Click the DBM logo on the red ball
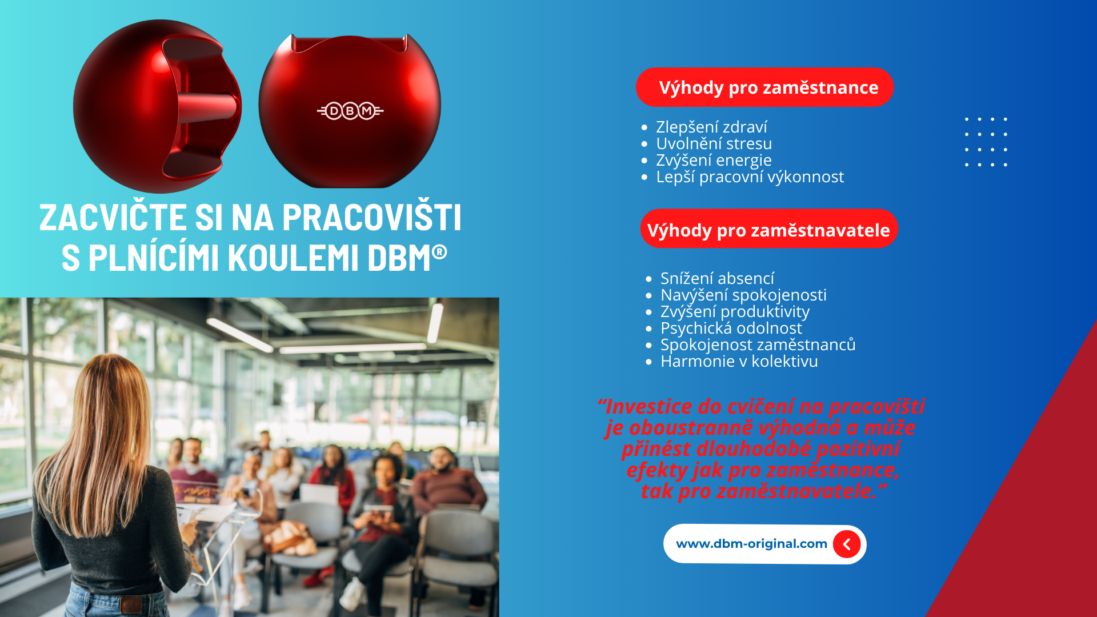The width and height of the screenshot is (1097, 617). [350, 110]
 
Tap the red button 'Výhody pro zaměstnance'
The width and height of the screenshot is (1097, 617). [764, 87]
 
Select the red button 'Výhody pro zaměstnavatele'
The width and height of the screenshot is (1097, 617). [768, 229]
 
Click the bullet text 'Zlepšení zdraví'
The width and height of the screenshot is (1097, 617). [711, 127]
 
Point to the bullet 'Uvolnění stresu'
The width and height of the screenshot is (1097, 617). [714, 143]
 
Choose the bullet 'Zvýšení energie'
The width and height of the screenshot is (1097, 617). [714, 160]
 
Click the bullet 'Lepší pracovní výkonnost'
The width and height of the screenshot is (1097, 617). [750, 177]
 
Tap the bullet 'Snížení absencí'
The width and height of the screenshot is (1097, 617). [717, 278]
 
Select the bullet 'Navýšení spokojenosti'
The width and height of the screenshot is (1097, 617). [743, 295]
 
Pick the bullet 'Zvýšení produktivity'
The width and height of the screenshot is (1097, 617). [735, 311]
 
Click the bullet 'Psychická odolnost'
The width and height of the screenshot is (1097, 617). [731, 328]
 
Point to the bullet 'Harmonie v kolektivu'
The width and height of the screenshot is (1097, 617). [739, 361]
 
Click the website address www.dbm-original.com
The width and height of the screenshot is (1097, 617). [751, 544]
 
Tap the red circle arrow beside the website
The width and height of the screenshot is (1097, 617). [847, 544]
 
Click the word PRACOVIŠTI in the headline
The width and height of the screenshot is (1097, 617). [372, 217]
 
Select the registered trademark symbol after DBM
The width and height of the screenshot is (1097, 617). [439, 252]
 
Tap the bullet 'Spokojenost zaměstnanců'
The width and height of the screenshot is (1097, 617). [758, 344]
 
